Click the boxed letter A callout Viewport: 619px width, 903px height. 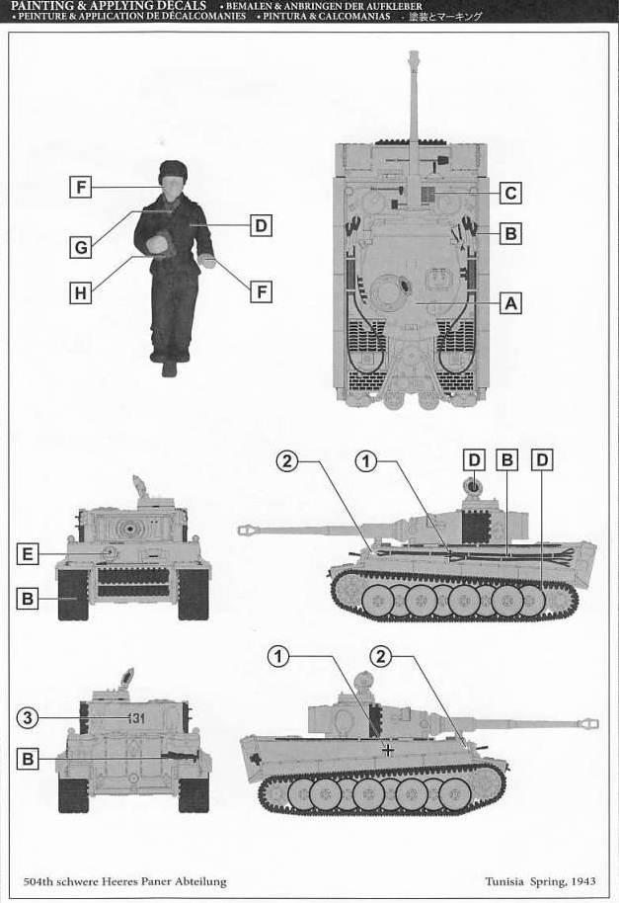point(510,302)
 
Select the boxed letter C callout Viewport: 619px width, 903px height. point(510,193)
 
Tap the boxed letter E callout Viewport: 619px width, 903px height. point(27,554)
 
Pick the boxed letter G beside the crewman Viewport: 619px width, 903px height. point(81,247)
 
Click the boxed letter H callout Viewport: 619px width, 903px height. point(81,293)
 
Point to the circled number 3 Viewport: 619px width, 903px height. point(27,718)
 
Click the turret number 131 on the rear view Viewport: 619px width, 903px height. point(136,718)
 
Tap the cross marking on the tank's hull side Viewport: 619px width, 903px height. point(389,750)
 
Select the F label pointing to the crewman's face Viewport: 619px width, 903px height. point(81,187)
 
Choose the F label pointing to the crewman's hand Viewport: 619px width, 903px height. point(261,292)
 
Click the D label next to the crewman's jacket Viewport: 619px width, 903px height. point(261,225)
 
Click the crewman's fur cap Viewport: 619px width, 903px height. point(172,169)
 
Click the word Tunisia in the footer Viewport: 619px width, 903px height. point(504,881)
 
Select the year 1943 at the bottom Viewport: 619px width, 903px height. point(583,881)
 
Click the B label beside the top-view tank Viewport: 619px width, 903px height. point(510,234)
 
